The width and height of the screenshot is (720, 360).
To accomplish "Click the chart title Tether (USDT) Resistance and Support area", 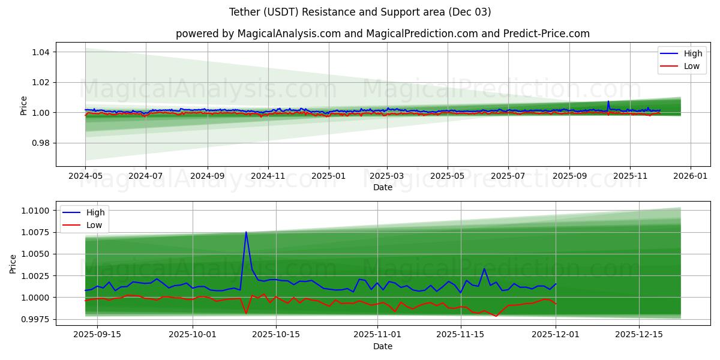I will pos(360,12).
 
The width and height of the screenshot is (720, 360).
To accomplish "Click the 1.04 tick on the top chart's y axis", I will pos(40,52).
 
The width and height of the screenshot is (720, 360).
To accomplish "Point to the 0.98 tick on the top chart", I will pos(40,143).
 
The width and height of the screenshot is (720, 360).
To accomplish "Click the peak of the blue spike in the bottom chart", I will pos(246,232).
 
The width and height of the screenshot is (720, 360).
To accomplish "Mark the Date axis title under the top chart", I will pos(382,187).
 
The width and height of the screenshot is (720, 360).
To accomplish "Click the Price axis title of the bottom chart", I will pos(13,263).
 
